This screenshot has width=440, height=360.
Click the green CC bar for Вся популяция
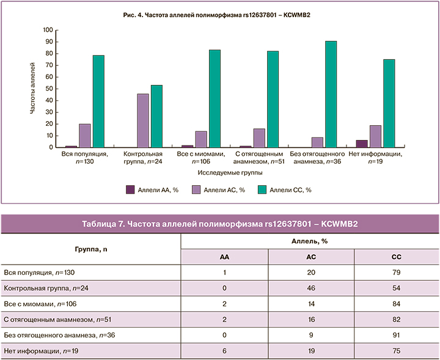coord(98,101)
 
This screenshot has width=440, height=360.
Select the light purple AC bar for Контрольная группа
coord(143,120)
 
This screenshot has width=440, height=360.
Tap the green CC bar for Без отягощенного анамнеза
coord(331,94)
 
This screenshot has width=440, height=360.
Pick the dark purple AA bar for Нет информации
coord(362,144)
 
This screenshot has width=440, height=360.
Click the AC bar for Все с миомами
coord(201,139)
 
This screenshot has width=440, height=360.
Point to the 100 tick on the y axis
coord(48,30)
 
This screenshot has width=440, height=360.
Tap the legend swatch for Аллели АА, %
coord(130,190)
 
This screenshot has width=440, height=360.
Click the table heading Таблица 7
coord(219,224)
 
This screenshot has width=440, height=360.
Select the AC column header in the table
coord(310,257)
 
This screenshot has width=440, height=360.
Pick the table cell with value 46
coord(310,287)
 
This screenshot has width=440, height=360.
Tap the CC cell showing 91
coord(396,334)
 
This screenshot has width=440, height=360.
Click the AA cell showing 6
coord(224,350)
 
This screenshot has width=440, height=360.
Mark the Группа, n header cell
coord(91,249)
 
